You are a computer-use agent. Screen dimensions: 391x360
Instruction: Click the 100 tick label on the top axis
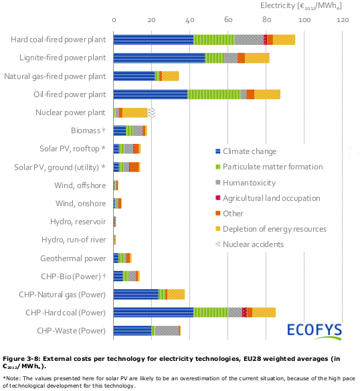(x=305, y=21)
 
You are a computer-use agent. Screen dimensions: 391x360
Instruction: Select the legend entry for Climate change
(x=249, y=151)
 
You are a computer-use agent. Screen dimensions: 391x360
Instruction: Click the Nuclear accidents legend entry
(x=254, y=244)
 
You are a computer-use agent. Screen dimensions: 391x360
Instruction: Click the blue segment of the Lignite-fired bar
(x=159, y=58)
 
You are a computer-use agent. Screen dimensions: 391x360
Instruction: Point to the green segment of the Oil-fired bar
(x=213, y=94)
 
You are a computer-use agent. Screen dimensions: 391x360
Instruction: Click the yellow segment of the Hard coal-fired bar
(x=284, y=40)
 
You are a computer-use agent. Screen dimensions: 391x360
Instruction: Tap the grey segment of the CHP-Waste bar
(x=167, y=330)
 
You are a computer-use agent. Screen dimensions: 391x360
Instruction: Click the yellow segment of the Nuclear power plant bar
(x=134, y=112)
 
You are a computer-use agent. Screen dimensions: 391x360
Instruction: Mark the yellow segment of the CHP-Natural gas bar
(x=175, y=294)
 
